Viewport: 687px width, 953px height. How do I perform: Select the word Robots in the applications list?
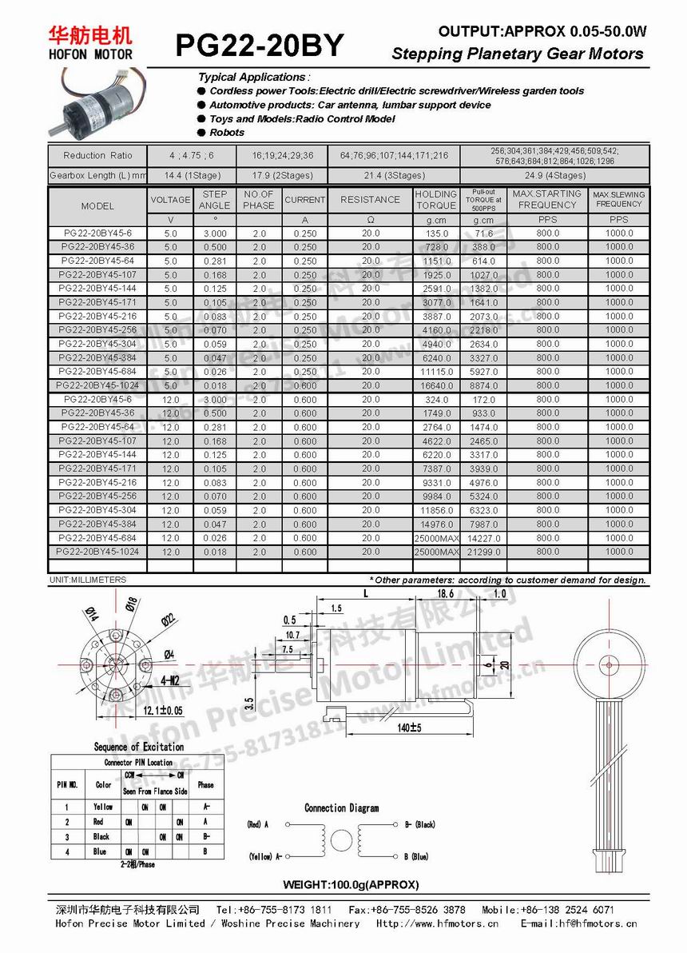coord(227,133)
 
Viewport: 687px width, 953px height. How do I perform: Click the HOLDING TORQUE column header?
coord(436,200)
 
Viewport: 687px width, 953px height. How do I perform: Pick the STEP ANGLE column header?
coord(215,200)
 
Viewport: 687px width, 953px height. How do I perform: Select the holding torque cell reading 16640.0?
coord(436,385)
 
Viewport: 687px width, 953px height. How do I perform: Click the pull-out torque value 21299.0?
coord(483,552)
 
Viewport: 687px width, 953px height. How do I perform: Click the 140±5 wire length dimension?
coord(408,728)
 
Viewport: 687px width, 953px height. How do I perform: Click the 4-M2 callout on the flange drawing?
coord(170,680)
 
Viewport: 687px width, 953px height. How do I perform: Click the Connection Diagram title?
coord(341,808)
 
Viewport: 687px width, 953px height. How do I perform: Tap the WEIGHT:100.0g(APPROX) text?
coord(351,884)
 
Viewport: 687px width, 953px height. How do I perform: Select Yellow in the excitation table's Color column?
coord(103,807)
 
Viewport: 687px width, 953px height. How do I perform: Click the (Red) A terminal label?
coord(257,824)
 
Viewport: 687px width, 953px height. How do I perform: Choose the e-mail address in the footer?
coord(579,923)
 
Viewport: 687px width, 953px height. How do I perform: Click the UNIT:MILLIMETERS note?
coord(88,580)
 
